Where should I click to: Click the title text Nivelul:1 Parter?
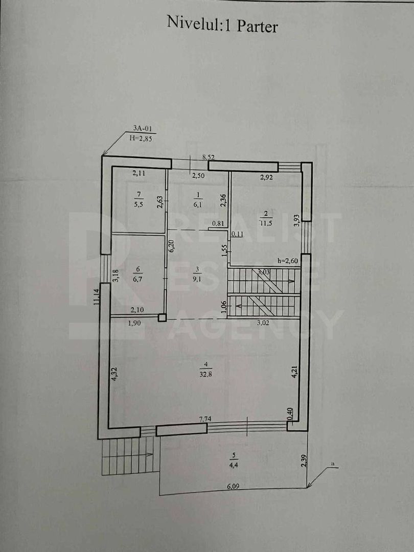point(222,24)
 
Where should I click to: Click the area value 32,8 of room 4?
point(205,373)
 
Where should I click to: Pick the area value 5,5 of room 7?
point(139,203)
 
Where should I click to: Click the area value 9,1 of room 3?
point(197,279)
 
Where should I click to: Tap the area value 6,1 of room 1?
point(197,203)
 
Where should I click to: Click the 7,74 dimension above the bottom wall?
point(205,419)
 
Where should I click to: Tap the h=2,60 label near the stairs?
point(288,261)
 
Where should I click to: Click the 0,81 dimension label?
point(217,223)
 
